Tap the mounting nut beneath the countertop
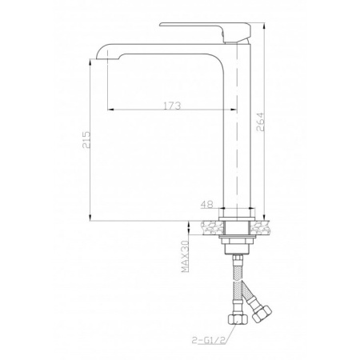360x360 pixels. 238,240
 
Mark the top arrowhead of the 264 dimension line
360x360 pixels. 262,26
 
